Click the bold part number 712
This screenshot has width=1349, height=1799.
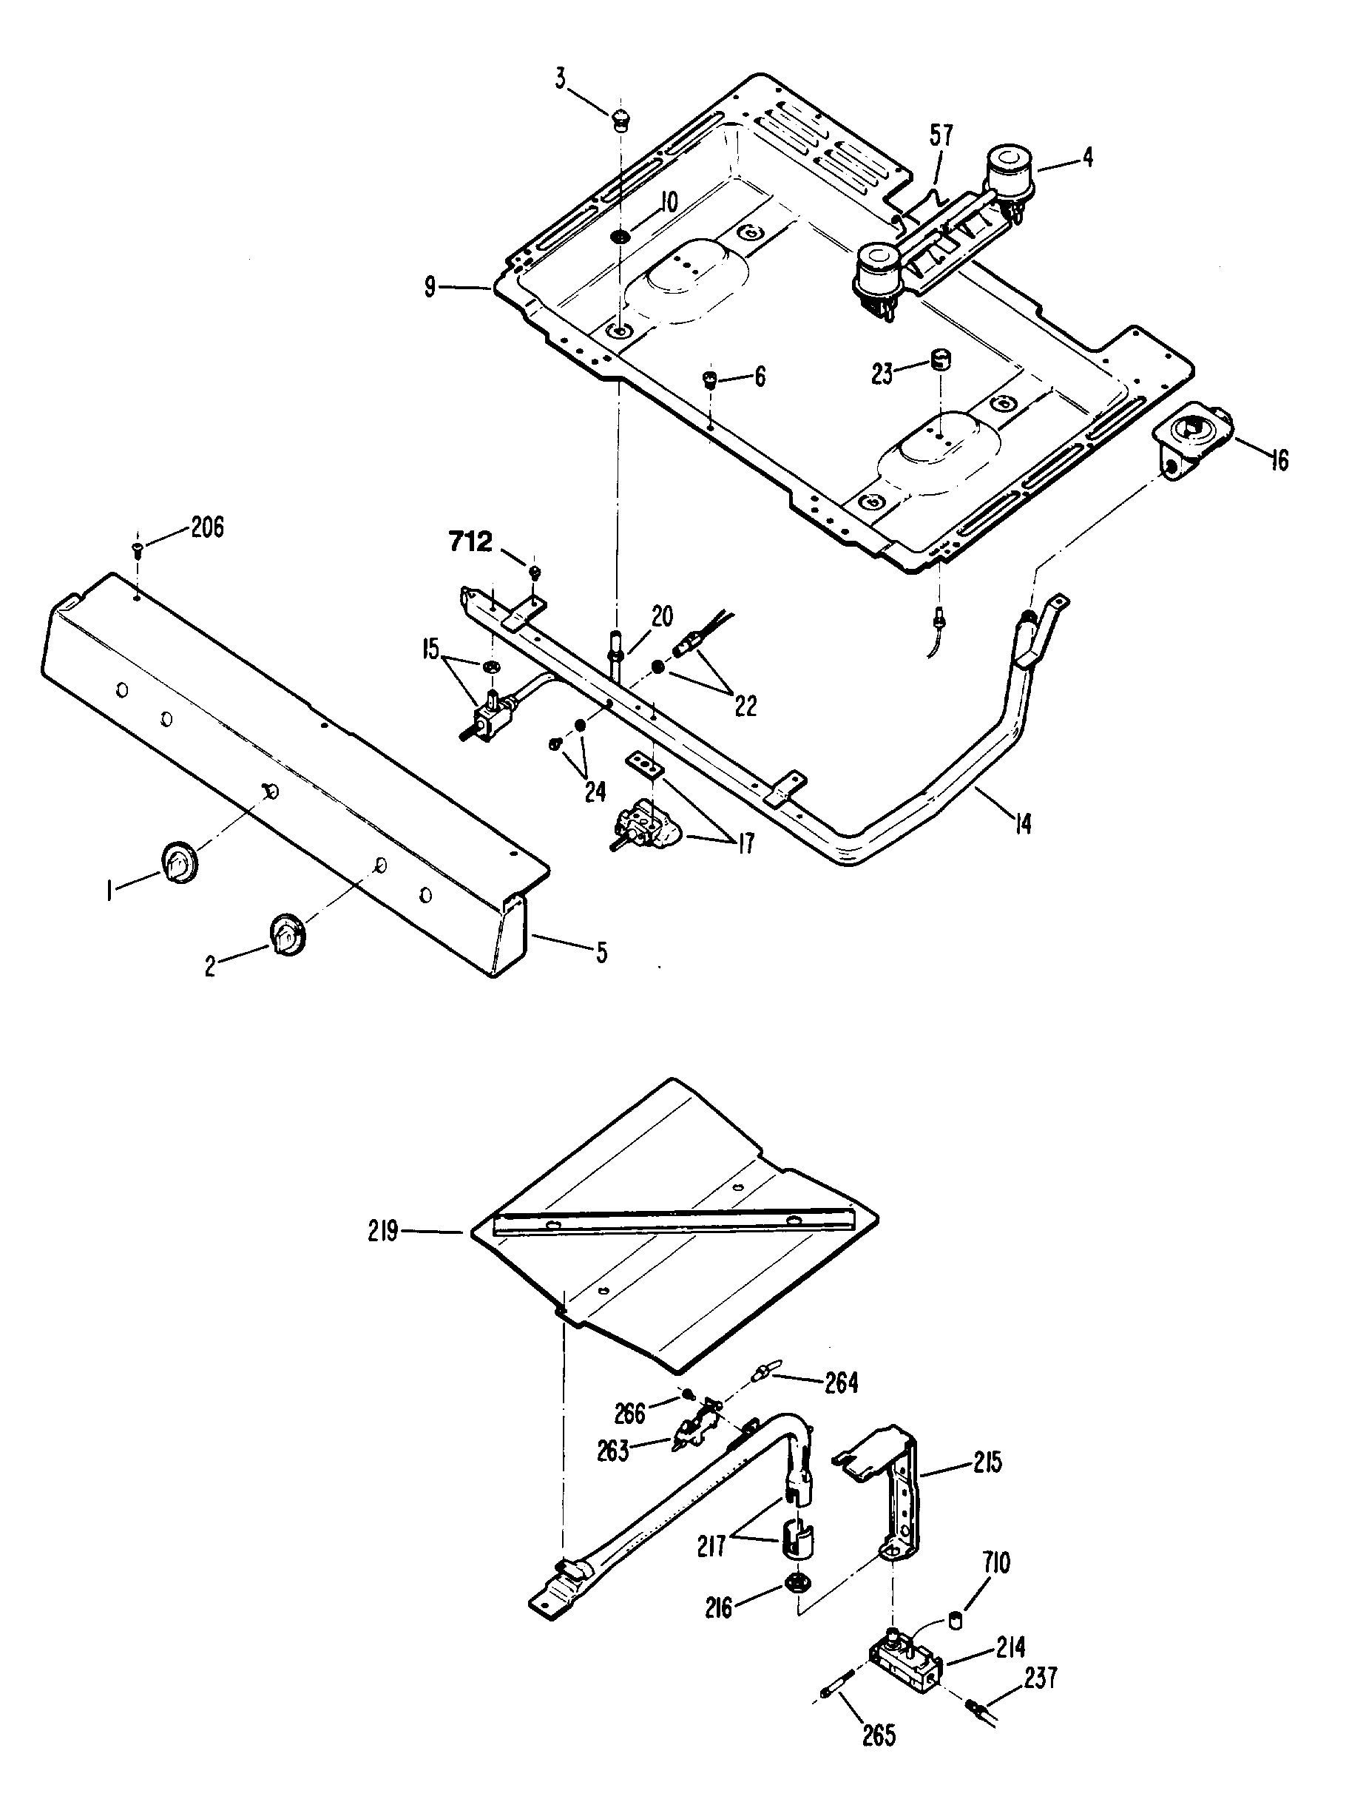[472, 542]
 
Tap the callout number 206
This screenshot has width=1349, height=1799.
[207, 528]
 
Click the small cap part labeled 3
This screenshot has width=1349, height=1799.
[621, 120]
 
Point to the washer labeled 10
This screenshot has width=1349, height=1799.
[621, 237]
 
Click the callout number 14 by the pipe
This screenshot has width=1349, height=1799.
[1022, 823]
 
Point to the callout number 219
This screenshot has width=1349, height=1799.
[382, 1233]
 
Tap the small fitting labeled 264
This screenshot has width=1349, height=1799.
[763, 1374]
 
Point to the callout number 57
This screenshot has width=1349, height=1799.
[941, 135]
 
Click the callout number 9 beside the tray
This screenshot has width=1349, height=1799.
[430, 287]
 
